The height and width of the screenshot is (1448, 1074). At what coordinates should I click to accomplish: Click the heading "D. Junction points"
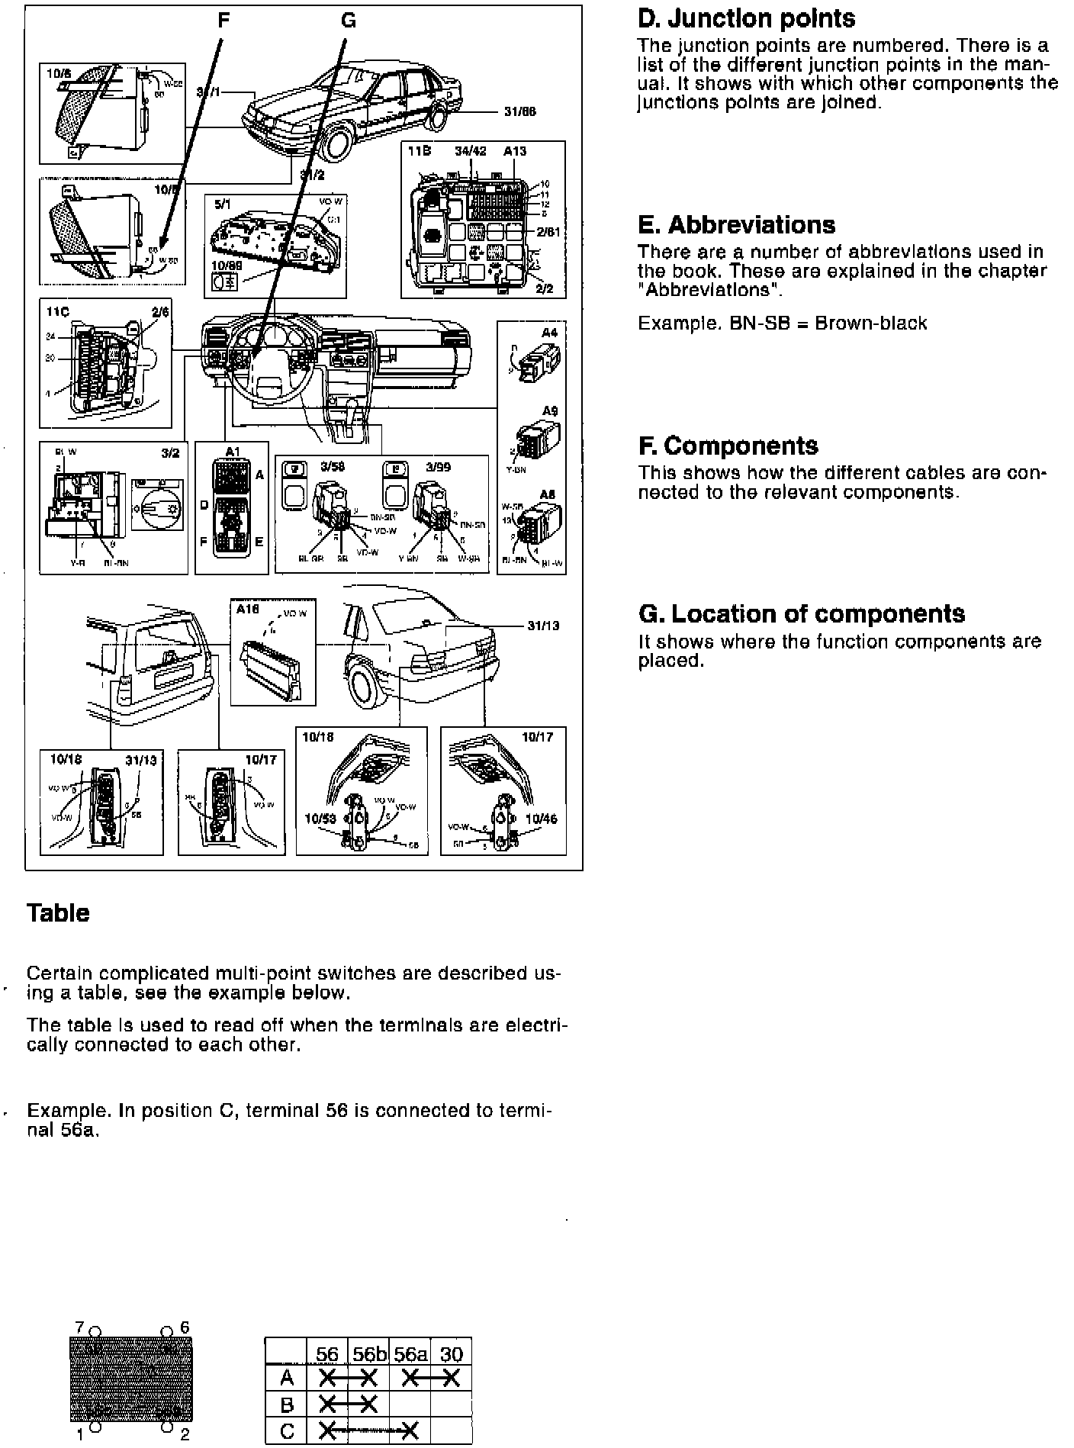[746, 19]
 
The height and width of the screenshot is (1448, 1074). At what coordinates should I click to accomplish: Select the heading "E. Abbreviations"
[736, 225]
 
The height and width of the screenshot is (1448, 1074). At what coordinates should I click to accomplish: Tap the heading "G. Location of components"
[801, 614]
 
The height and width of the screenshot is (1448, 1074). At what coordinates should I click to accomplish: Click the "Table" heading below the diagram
[58, 913]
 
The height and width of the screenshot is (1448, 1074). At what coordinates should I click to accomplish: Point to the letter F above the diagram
[223, 21]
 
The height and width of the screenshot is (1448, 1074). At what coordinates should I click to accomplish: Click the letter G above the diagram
[348, 21]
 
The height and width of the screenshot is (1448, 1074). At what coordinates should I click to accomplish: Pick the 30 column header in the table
[452, 1354]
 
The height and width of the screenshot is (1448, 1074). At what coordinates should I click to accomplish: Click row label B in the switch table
[286, 1403]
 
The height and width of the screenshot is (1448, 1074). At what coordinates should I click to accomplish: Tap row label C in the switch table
[286, 1430]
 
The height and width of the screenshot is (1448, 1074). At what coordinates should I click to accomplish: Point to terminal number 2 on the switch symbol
[184, 1435]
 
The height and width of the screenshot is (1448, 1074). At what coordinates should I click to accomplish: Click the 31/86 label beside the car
[519, 111]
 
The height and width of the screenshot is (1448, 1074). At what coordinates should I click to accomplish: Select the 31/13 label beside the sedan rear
[542, 626]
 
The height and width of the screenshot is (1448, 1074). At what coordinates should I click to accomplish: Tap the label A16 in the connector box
[247, 610]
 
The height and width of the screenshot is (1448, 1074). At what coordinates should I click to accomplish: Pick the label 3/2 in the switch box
[169, 452]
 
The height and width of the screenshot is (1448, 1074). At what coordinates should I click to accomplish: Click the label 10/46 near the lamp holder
[541, 819]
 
